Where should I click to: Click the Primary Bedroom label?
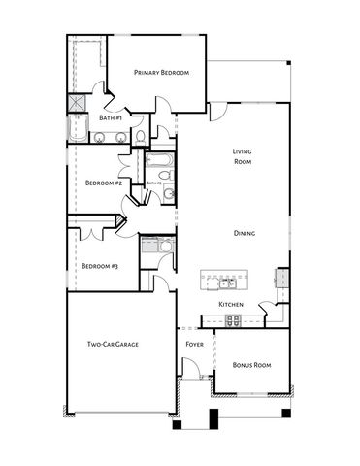[161, 73]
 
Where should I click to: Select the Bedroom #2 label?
[103, 183]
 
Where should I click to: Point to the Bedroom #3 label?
[99, 266]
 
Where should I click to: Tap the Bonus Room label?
[251, 365]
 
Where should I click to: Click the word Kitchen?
[230, 305]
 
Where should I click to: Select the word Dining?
[245, 233]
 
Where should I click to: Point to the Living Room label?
[243, 157]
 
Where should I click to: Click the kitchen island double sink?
[225, 283]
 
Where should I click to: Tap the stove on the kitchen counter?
[282, 278]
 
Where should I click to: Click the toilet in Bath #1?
[141, 135]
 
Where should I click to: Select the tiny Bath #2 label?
[153, 183]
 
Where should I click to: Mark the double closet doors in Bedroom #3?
[90, 235]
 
